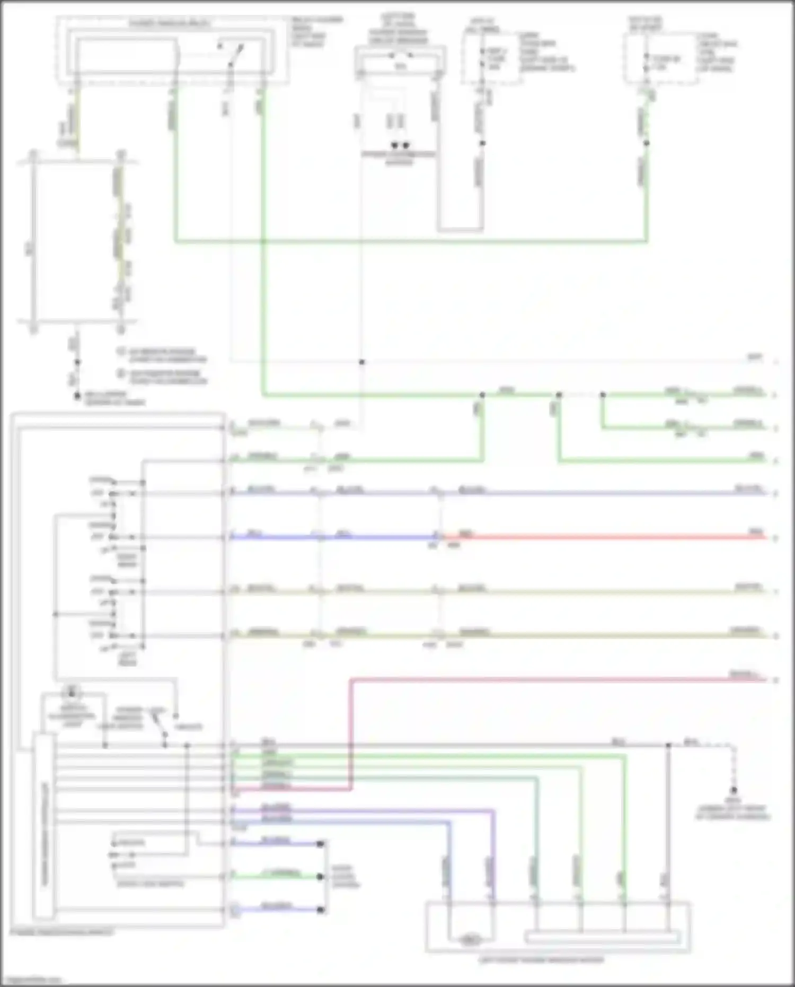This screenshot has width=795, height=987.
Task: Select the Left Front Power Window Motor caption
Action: [541, 960]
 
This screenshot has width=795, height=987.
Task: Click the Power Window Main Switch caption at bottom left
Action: [61, 932]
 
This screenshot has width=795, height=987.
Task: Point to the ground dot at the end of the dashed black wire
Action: [734, 790]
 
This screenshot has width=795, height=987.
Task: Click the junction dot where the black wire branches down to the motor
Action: [668, 745]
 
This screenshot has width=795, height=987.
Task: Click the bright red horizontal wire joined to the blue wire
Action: [604, 537]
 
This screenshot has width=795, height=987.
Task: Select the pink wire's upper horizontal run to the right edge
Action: [556, 679]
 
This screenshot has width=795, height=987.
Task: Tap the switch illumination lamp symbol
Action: [72, 692]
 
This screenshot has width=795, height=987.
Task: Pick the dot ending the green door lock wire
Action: [320, 877]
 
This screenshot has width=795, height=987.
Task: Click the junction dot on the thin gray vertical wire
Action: [362, 362]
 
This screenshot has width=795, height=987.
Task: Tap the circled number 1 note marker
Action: [121, 352]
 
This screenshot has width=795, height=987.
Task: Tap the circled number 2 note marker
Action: [121, 373]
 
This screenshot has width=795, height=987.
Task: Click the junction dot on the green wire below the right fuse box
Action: [646, 143]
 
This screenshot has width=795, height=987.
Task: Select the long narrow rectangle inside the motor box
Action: [602, 938]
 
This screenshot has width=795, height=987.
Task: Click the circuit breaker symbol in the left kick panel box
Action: [400, 56]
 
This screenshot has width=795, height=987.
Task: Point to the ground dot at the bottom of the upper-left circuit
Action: [77, 396]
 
